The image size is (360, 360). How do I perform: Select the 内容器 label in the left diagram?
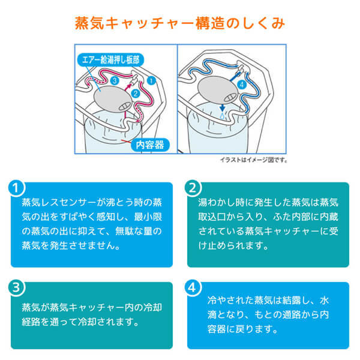click(146, 144)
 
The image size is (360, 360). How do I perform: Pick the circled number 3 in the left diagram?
click(115, 80)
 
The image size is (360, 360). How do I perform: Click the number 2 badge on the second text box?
click(192, 187)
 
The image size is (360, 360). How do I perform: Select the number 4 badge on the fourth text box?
click(192, 287)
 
